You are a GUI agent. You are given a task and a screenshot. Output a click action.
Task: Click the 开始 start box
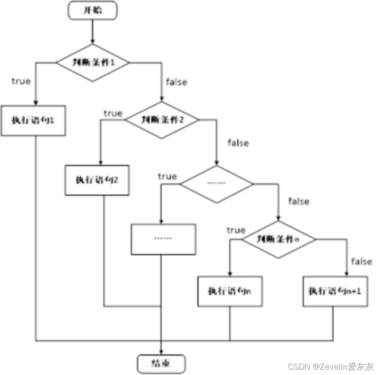(93, 11)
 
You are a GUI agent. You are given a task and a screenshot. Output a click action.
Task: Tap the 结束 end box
(161, 364)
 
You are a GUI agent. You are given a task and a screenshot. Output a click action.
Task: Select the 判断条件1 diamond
(92, 62)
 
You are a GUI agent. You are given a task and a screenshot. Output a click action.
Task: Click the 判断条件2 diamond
(162, 120)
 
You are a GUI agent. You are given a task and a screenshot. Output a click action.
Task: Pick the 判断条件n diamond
(278, 239)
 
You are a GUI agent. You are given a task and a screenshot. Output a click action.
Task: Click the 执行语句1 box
(34, 120)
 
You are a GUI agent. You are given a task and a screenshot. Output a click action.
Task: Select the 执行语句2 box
(97, 180)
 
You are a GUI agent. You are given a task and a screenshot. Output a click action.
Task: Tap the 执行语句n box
(230, 292)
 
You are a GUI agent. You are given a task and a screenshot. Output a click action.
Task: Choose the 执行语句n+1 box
(335, 292)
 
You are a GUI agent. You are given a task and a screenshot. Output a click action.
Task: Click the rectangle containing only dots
(163, 239)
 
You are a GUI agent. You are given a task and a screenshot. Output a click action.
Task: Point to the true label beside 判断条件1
(21, 81)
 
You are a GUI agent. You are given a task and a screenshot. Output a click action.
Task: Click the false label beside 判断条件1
(176, 82)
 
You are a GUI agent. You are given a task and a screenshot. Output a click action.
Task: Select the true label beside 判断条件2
(113, 113)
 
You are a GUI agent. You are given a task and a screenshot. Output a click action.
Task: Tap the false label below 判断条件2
(238, 143)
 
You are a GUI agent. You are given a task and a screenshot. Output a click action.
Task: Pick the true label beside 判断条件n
(236, 230)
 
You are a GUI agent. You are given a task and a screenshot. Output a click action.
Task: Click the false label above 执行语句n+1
(362, 261)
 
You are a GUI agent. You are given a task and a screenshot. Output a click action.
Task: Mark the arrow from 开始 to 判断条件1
(92, 31)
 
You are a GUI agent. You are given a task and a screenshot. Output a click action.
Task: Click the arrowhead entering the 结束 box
(161, 352)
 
